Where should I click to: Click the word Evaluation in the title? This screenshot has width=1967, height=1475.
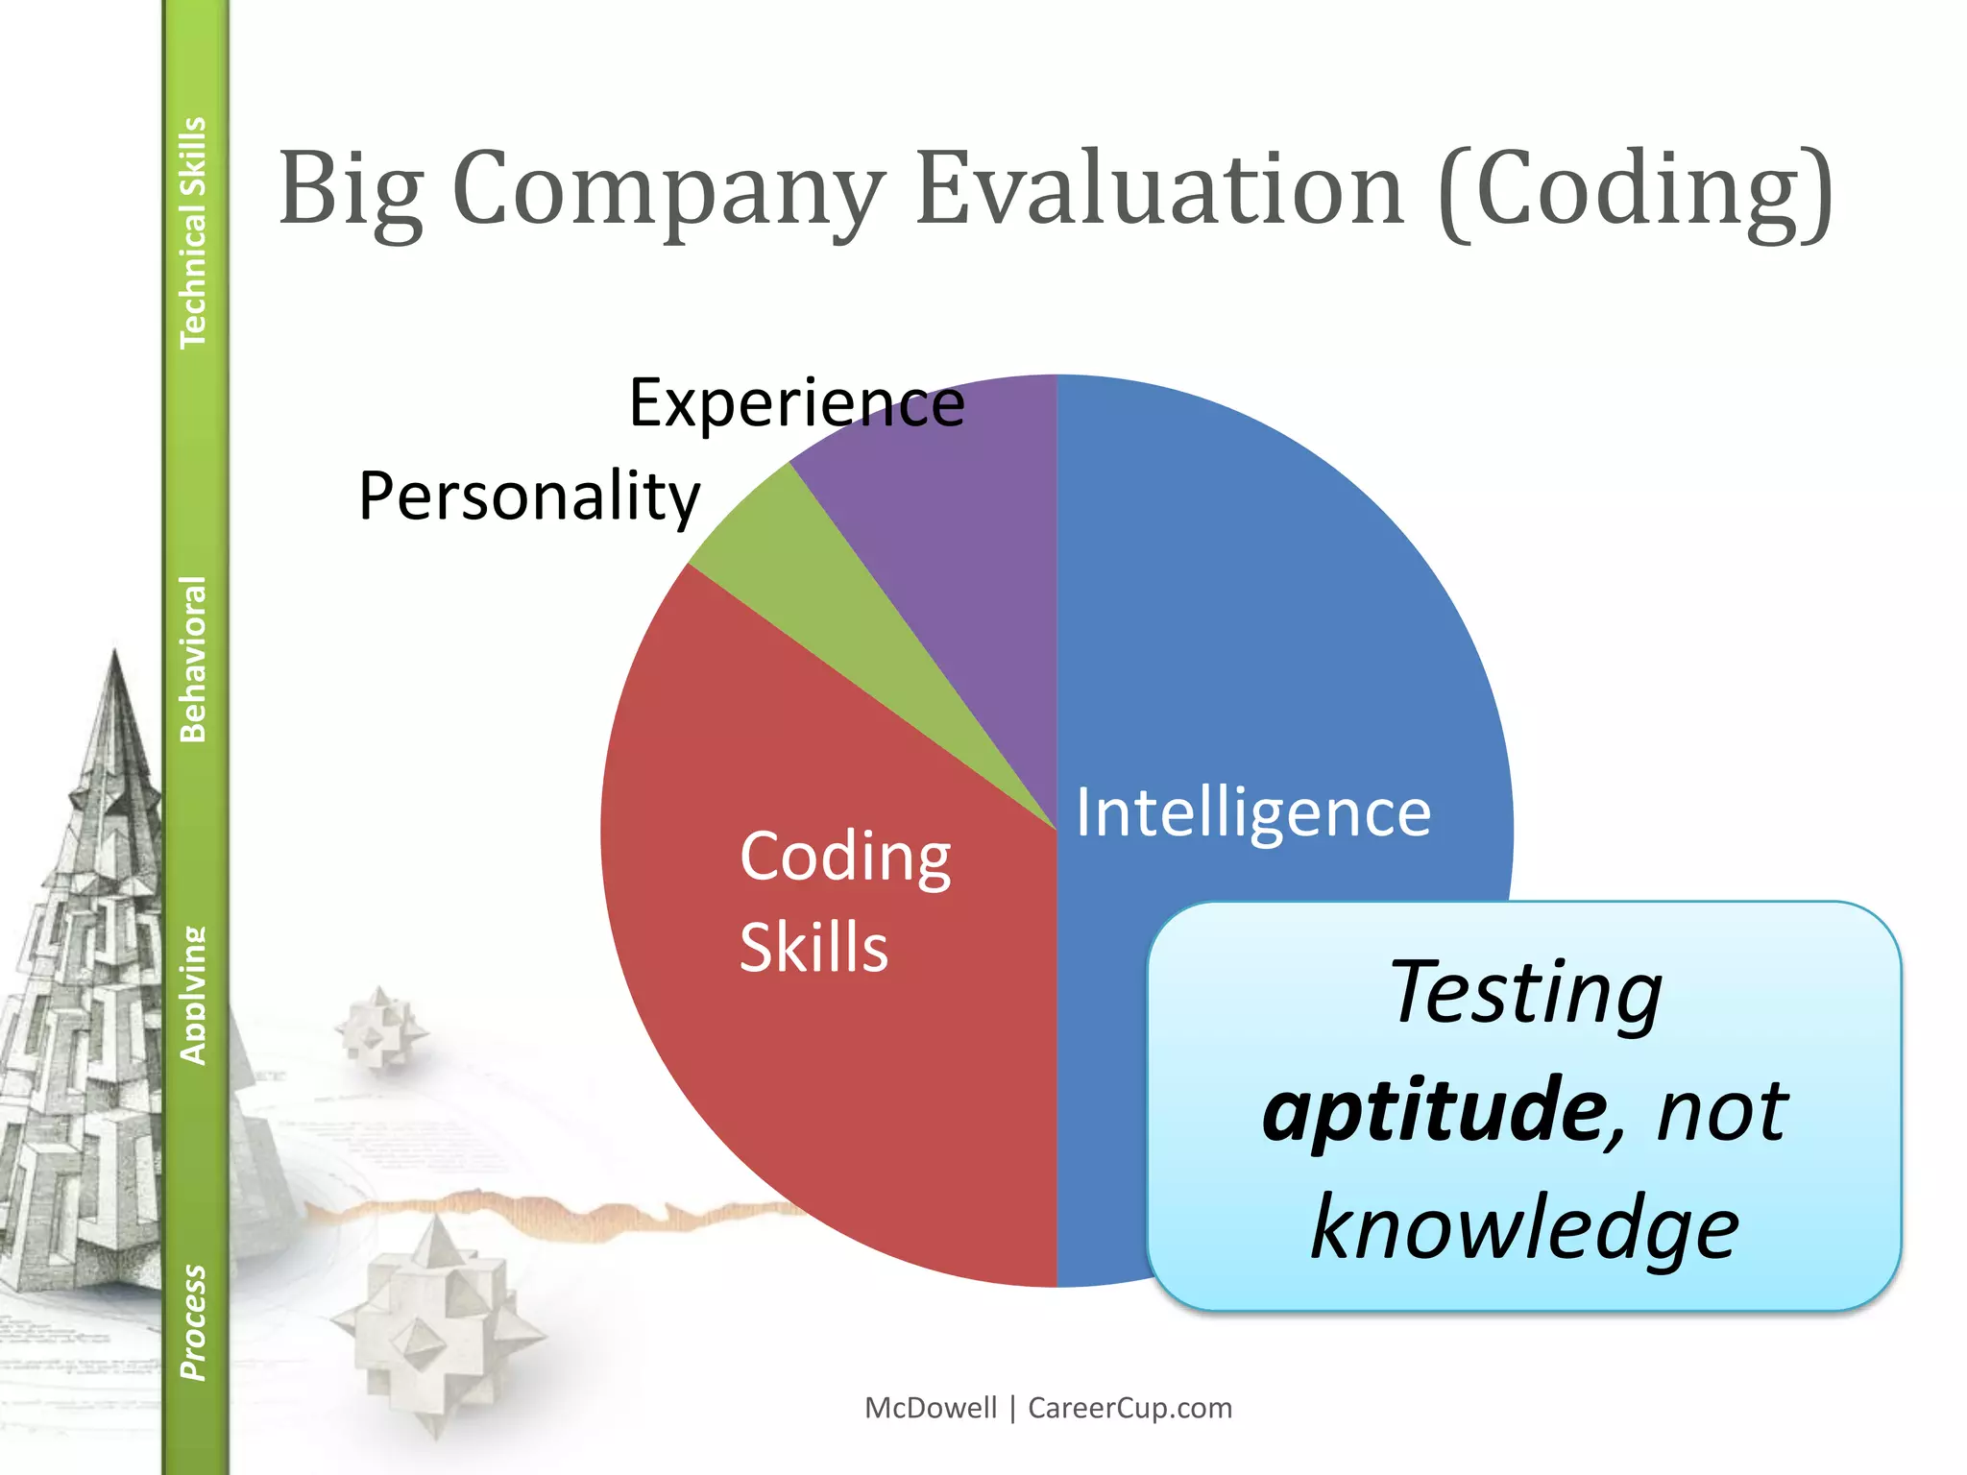coord(1160,189)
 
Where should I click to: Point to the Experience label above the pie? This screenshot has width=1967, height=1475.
coord(796,403)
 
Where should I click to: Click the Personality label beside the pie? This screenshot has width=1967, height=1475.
coord(529,496)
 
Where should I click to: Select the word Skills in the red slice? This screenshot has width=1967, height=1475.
coord(814,948)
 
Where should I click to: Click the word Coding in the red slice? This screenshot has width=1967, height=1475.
coord(845,857)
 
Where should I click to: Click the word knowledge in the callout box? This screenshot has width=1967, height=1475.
coord(1524,1228)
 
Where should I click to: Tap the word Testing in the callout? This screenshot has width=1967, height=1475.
coord(1525,993)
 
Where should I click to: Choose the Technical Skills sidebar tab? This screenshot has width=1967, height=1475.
coord(194,232)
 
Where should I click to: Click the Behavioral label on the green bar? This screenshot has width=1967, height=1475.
coord(194,659)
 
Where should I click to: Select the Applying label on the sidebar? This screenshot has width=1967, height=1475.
coord(194,996)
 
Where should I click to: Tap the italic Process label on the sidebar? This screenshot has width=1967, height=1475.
coord(194,1322)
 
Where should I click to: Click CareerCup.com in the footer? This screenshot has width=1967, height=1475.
coord(1129,1408)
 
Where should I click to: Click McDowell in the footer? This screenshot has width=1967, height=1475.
coord(931,1408)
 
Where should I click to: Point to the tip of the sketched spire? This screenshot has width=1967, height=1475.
coord(115,653)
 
